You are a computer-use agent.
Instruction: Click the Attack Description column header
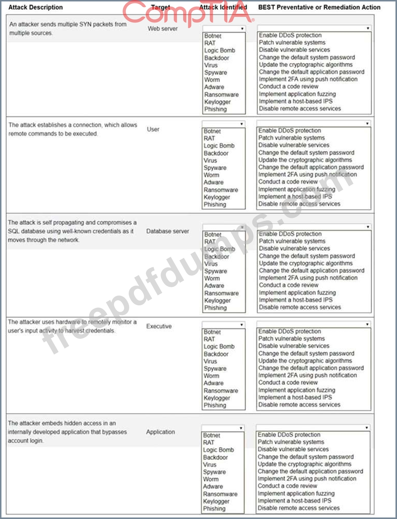pos(36,7)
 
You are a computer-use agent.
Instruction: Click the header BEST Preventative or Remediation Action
pos(319,7)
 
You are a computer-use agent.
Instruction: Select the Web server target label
pos(162,29)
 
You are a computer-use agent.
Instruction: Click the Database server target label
pos(167,231)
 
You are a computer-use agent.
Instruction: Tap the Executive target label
pos(159,326)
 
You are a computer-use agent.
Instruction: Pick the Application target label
pos(160,432)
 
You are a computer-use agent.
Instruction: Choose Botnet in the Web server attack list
pos(213,36)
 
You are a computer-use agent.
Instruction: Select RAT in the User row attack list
pos(209,138)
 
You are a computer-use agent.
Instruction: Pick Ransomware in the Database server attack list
pos(221,293)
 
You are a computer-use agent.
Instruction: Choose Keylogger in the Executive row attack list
pos(217,398)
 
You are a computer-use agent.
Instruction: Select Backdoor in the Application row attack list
pos(215,458)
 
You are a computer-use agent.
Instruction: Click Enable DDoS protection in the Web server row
pos(290,35)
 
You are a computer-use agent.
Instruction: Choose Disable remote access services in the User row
pos(299,204)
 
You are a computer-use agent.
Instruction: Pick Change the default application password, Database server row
pos(311,271)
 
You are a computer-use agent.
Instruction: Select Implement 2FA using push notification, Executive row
pos(307,375)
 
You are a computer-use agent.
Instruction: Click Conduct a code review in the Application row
pos(287,486)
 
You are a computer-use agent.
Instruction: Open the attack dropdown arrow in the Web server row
pos(242,28)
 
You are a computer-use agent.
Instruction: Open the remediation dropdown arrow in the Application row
pos(366,428)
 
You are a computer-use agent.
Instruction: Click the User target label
pos(153,129)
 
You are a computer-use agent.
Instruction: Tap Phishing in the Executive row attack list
pos(215,405)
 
